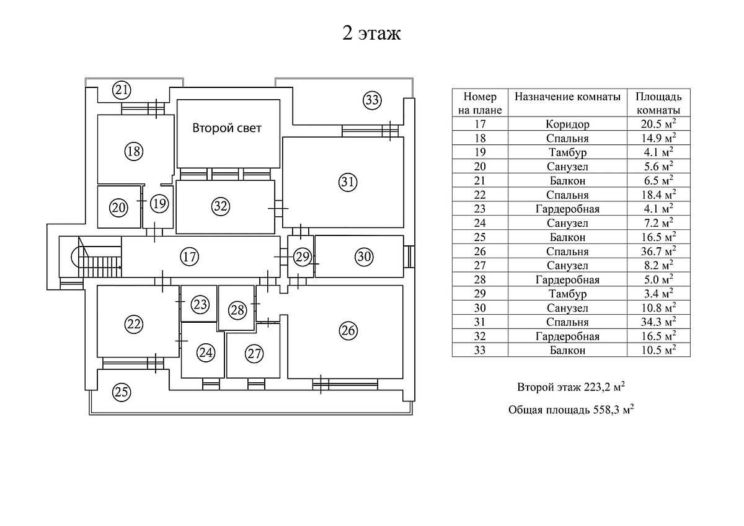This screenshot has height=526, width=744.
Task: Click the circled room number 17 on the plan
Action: click(190, 255)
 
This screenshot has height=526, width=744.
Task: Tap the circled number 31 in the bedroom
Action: click(348, 182)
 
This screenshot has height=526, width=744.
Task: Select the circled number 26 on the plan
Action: click(348, 331)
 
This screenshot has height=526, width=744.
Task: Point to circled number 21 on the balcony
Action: click(122, 90)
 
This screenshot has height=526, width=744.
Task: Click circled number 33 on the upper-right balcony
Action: click(371, 100)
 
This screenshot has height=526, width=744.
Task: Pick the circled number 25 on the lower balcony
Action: click(122, 392)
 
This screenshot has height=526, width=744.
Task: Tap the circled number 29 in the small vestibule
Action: click(302, 256)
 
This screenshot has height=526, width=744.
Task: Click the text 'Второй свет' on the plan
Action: click(226, 129)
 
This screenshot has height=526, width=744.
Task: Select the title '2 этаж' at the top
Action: click(371, 33)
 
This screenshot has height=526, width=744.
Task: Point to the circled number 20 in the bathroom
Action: click(119, 208)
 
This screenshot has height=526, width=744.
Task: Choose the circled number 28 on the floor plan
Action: click(237, 310)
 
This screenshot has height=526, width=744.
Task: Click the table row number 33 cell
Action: click(480, 351)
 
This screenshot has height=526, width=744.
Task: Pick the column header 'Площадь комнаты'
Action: click(658, 103)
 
